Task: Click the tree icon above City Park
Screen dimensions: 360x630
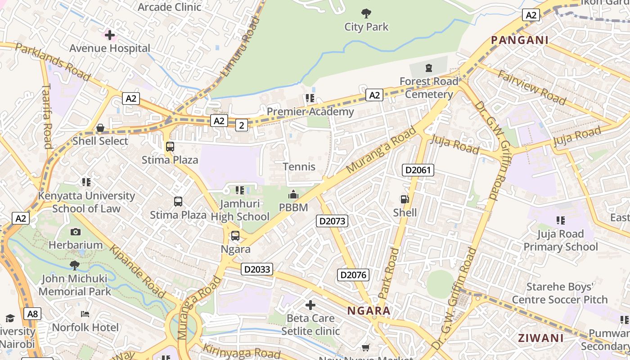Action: pyautogui.click(x=366, y=13)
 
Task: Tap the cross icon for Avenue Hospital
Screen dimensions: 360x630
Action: pyautogui.click(x=110, y=35)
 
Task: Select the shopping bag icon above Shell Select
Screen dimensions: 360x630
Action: pyautogui.click(x=100, y=128)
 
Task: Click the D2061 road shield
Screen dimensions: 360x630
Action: pyautogui.click(x=418, y=170)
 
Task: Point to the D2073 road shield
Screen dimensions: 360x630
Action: pyautogui.click(x=332, y=221)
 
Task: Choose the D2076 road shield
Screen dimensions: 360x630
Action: pyautogui.click(x=353, y=275)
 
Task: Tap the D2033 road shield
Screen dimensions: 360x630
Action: pyautogui.click(x=257, y=269)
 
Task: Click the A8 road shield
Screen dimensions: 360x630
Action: pyautogui.click(x=33, y=314)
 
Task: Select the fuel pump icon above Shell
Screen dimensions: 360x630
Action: pyautogui.click(x=405, y=199)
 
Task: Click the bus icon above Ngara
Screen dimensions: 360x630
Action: pyautogui.click(x=235, y=236)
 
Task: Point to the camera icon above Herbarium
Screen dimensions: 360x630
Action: pyautogui.click(x=76, y=232)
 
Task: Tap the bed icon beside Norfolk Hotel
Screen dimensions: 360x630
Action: pyautogui.click(x=85, y=314)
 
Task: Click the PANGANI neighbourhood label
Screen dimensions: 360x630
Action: pyautogui.click(x=520, y=40)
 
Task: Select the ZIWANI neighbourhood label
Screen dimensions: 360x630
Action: pyautogui.click(x=540, y=338)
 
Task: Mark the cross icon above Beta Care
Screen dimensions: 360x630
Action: pyautogui.click(x=310, y=306)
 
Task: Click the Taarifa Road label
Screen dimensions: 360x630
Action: pyautogui.click(x=47, y=116)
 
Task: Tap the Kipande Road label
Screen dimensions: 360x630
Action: pyautogui.click(x=138, y=271)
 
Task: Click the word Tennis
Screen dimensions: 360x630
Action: pyautogui.click(x=299, y=167)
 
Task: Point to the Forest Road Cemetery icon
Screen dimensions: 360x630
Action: pyautogui.click(x=428, y=68)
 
